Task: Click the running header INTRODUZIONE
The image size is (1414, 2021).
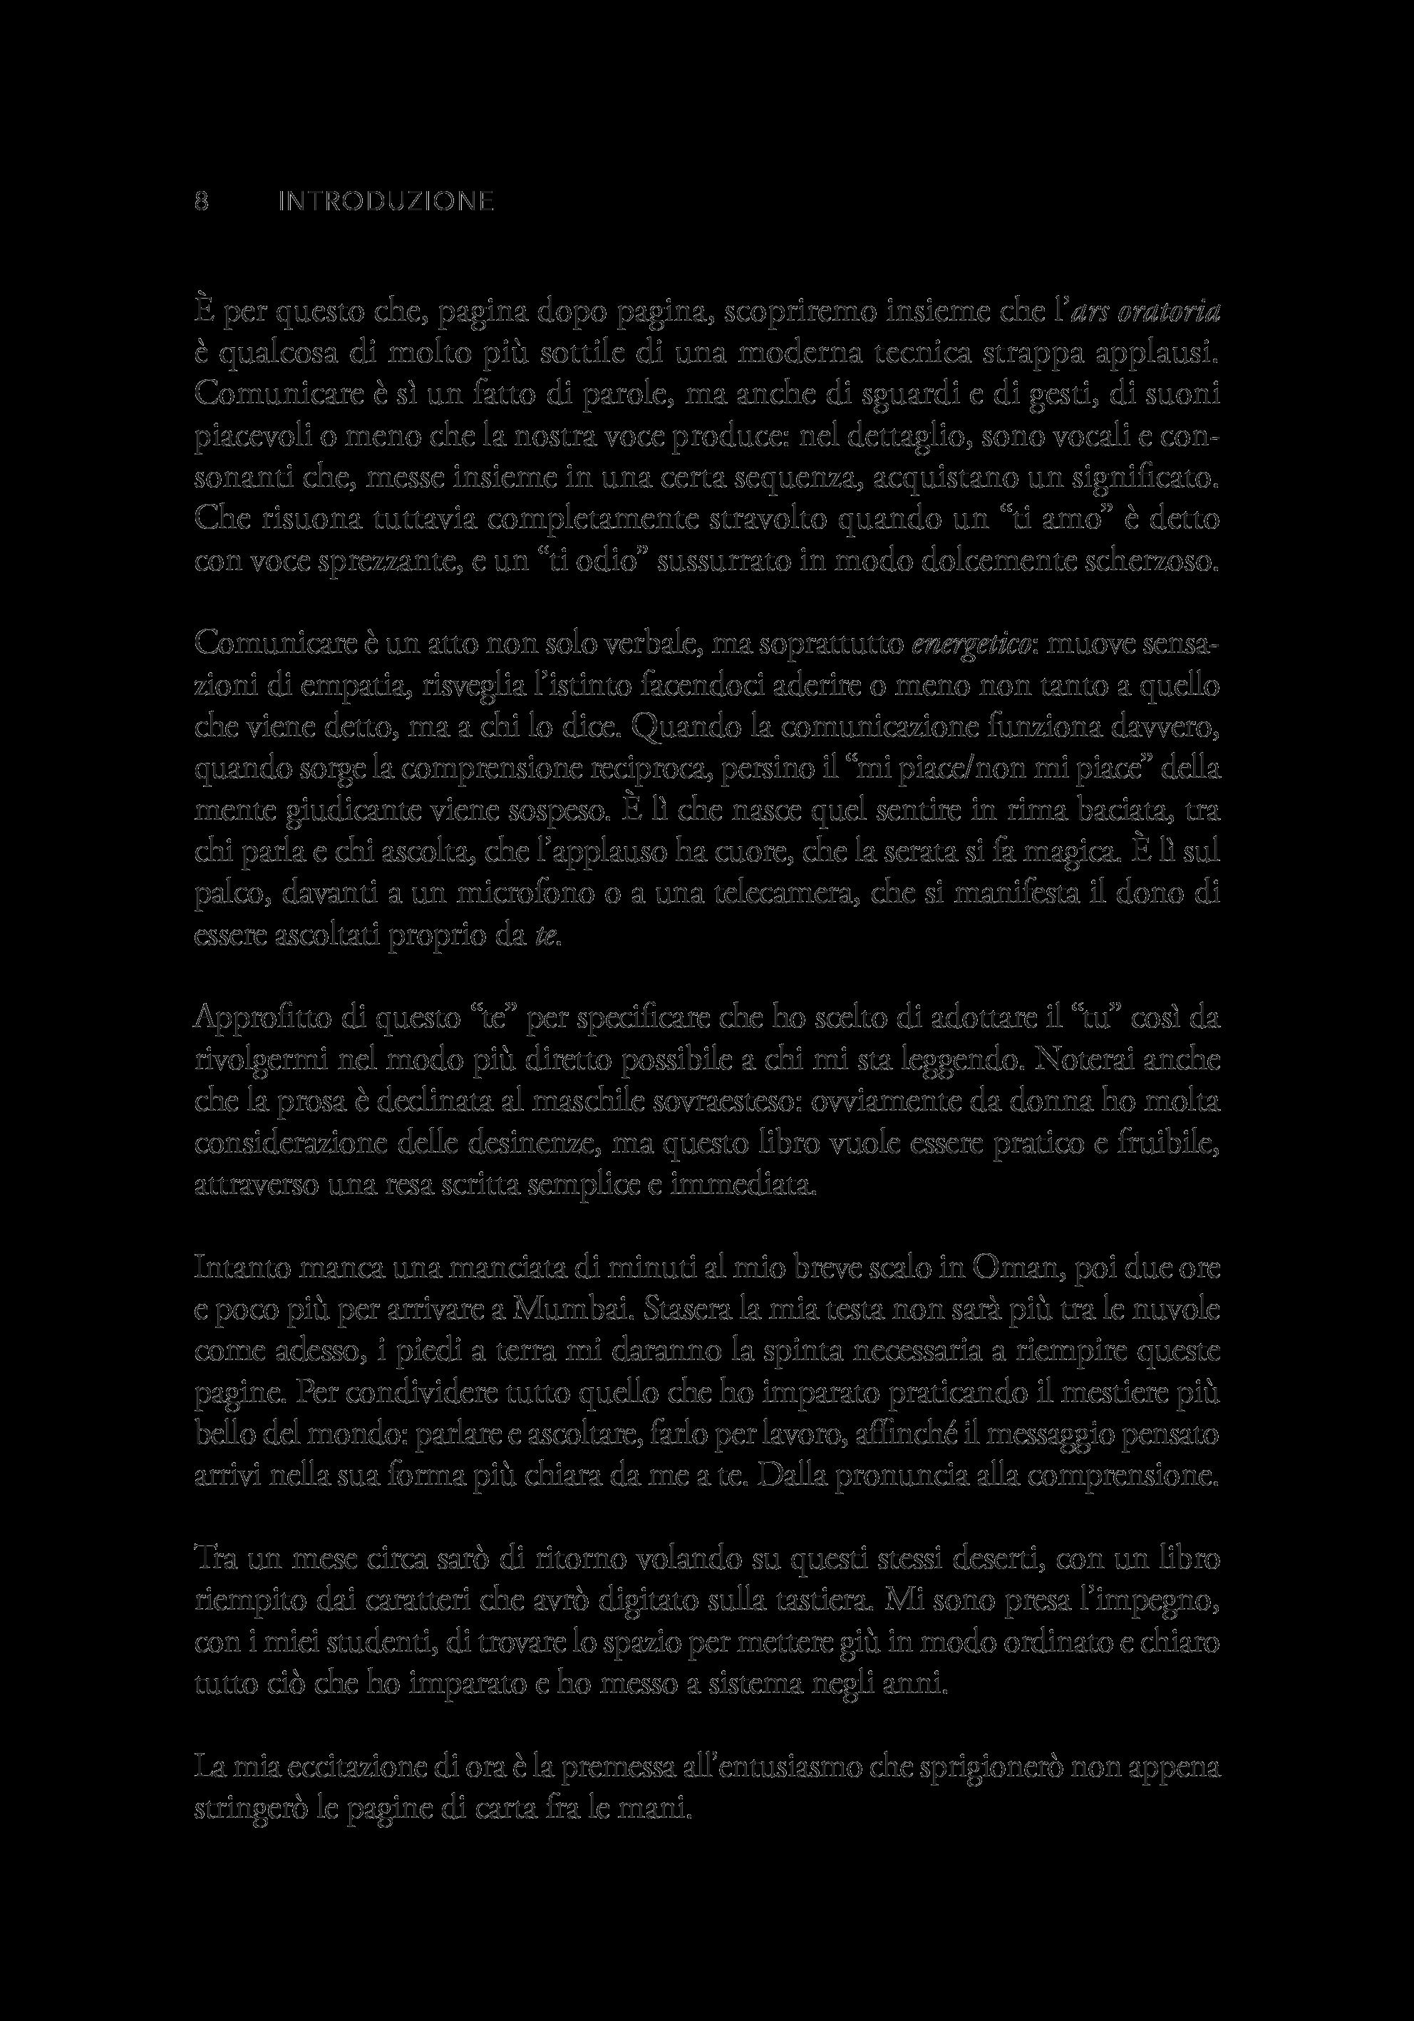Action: pos(386,202)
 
